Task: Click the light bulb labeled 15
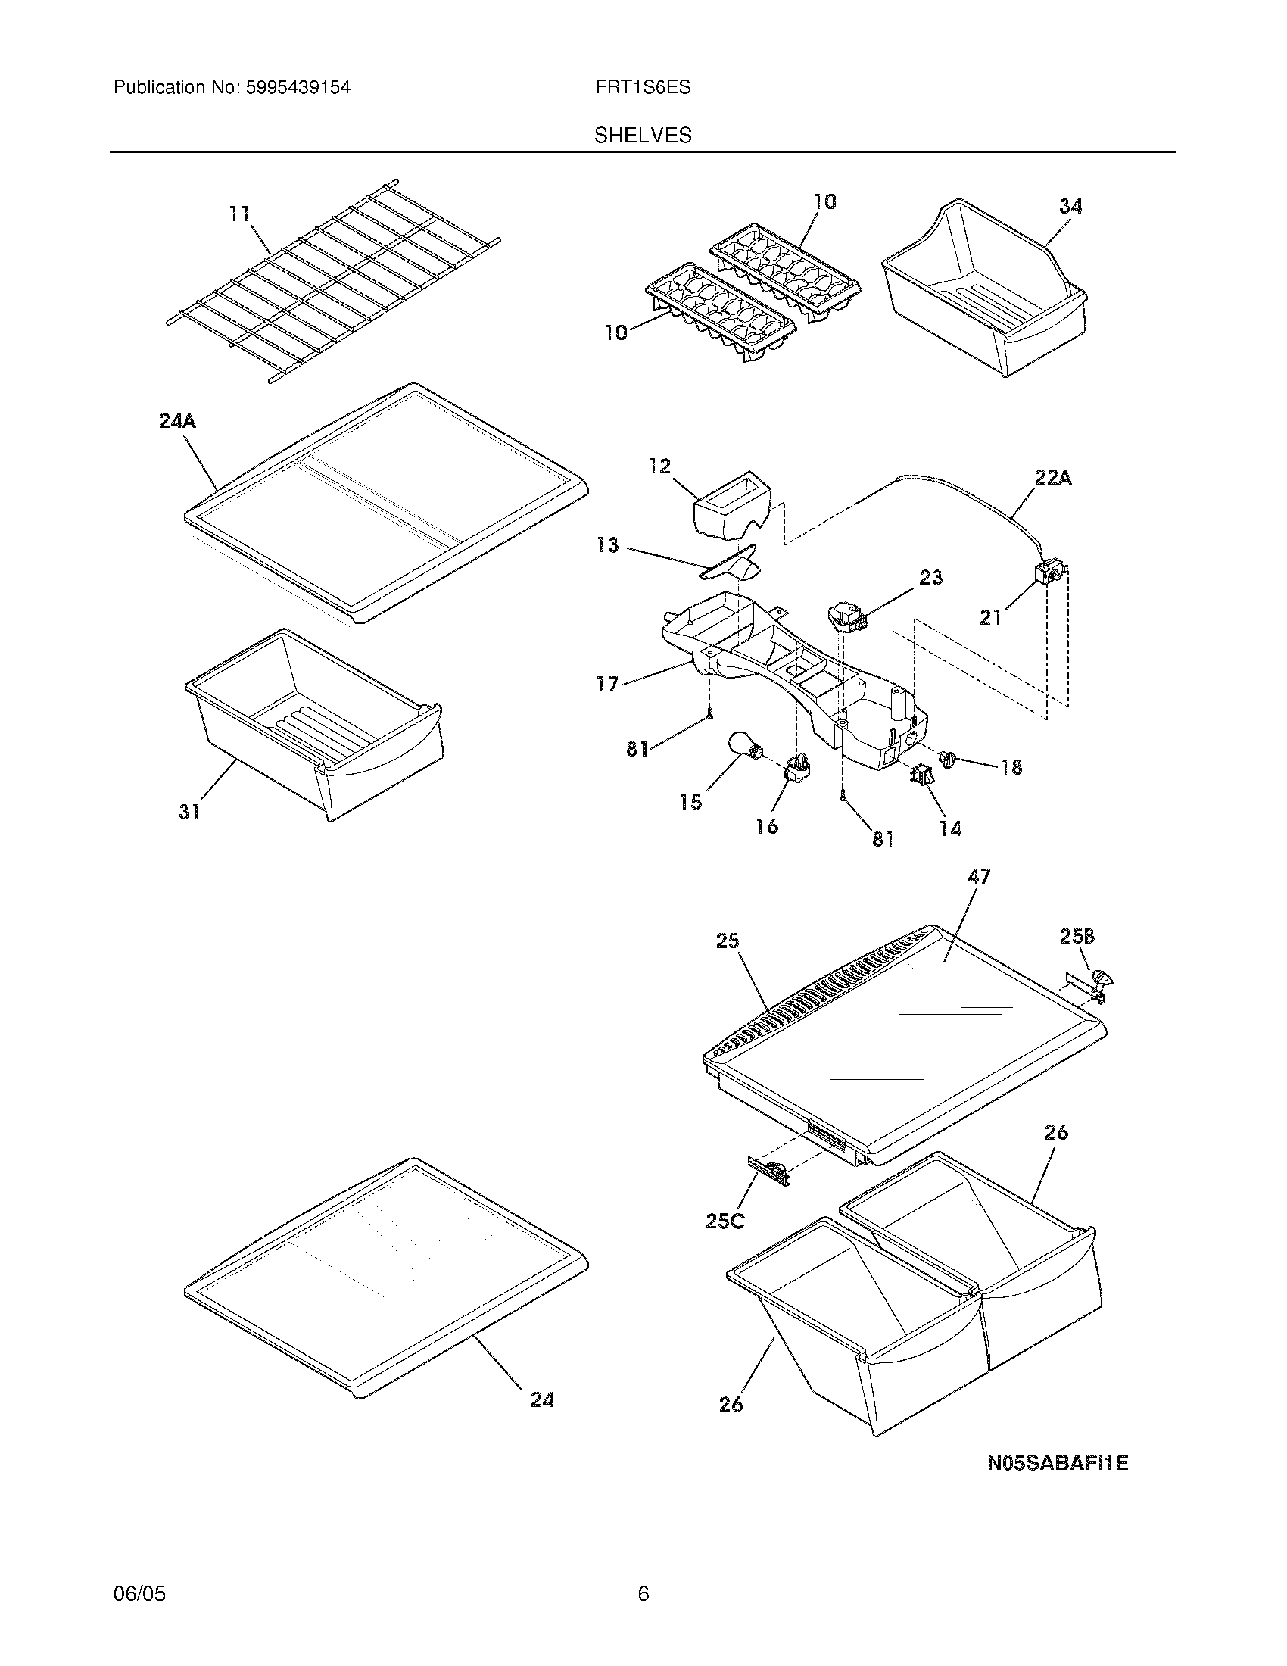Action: (x=743, y=745)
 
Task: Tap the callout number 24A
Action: (x=177, y=420)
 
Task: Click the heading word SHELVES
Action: (x=643, y=136)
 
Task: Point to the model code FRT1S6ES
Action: (x=643, y=88)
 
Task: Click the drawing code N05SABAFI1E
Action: (x=1058, y=1463)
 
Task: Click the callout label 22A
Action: (x=1053, y=479)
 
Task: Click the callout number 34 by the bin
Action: (x=1070, y=206)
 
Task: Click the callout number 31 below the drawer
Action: (x=189, y=812)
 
